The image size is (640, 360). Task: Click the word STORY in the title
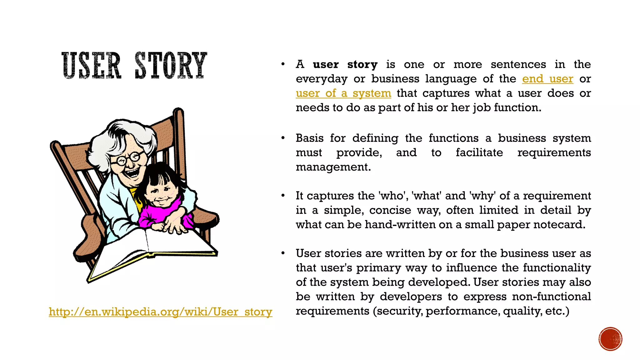point(171,65)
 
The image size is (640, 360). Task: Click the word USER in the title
point(91,65)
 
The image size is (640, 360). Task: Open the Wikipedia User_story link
point(160,312)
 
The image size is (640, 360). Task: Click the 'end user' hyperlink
point(547,79)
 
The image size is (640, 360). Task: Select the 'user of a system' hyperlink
point(343,93)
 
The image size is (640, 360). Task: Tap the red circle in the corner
point(610,339)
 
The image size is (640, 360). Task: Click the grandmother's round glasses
point(128,158)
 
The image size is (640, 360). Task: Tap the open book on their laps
point(150,250)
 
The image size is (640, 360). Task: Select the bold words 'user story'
point(345,64)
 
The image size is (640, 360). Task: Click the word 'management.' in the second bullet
point(333,167)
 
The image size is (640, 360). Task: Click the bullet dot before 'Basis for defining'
point(283,138)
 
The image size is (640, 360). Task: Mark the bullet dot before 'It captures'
point(283,196)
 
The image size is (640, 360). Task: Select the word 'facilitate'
point(479,152)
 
